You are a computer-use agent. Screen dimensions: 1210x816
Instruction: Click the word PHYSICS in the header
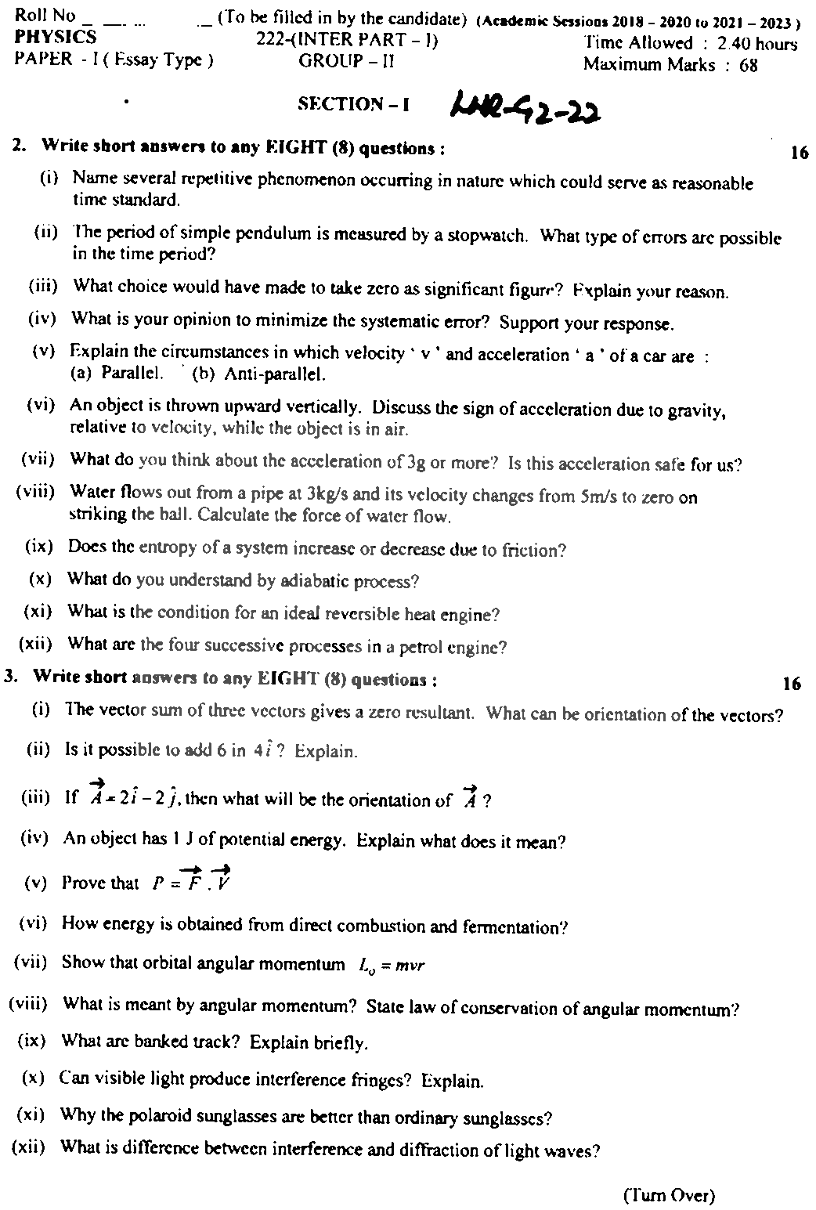pyautogui.click(x=55, y=38)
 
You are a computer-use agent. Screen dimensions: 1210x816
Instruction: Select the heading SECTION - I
pyautogui.click(x=353, y=104)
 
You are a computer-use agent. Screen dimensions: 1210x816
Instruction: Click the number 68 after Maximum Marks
pyautogui.click(x=748, y=66)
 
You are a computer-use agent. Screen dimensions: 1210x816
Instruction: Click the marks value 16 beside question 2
pyautogui.click(x=799, y=153)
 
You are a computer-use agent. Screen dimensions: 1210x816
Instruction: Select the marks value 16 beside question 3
pyautogui.click(x=791, y=684)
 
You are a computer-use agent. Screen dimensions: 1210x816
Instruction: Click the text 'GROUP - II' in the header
pyautogui.click(x=346, y=62)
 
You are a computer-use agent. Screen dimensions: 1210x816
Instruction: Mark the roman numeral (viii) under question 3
pyautogui.click(x=28, y=1004)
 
